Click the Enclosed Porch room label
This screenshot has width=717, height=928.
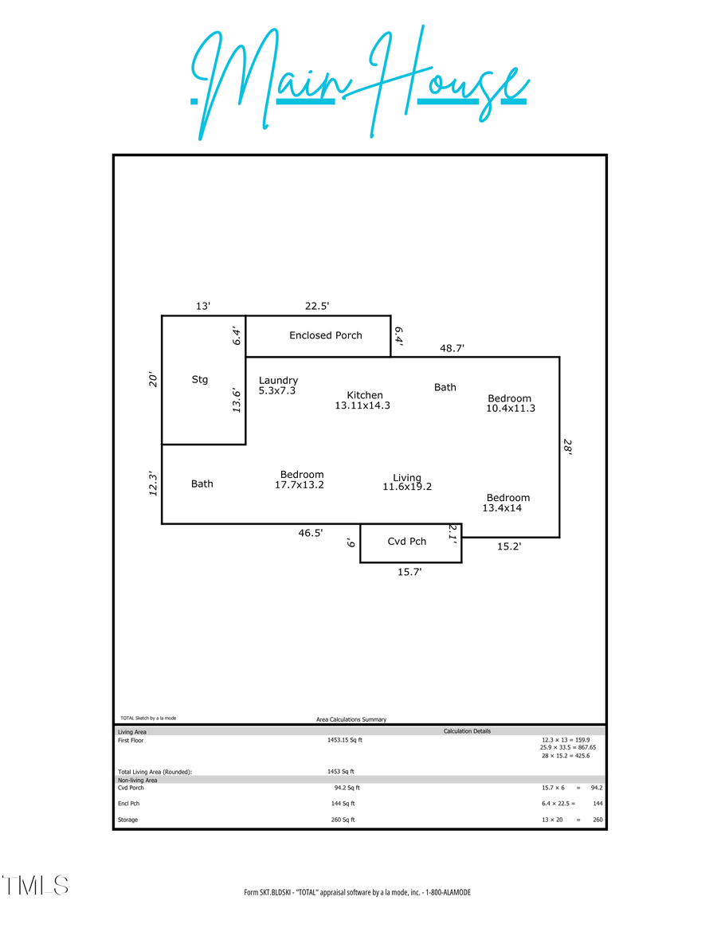tap(325, 335)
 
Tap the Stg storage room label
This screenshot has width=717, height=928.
tap(200, 380)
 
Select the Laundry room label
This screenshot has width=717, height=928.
tap(278, 381)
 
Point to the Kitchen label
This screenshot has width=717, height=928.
tap(365, 395)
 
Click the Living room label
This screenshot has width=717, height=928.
tap(407, 478)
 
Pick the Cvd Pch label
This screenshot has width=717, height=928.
tap(407, 542)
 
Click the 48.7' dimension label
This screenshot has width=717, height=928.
tap(452, 348)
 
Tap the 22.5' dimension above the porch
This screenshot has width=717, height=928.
tap(317, 305)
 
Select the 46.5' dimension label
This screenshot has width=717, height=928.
tap(311, 534)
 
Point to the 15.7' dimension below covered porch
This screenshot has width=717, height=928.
tap(409, 571)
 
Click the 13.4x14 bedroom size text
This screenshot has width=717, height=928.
tap(503, 508)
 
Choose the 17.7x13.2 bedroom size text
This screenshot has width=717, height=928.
tap(300, 485)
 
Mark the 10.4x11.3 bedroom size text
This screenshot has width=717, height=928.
tap(511, 409)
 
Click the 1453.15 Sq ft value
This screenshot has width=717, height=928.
tap(344, 740)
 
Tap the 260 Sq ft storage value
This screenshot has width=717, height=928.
tap(343, 820)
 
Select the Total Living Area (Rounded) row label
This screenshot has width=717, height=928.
tap(155, 772)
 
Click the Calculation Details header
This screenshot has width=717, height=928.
tap(467, 731)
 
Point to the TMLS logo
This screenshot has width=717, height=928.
tap(35, 885)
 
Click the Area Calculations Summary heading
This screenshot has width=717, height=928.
tap(351, 719)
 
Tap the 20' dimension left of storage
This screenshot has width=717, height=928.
tap(153, 380)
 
